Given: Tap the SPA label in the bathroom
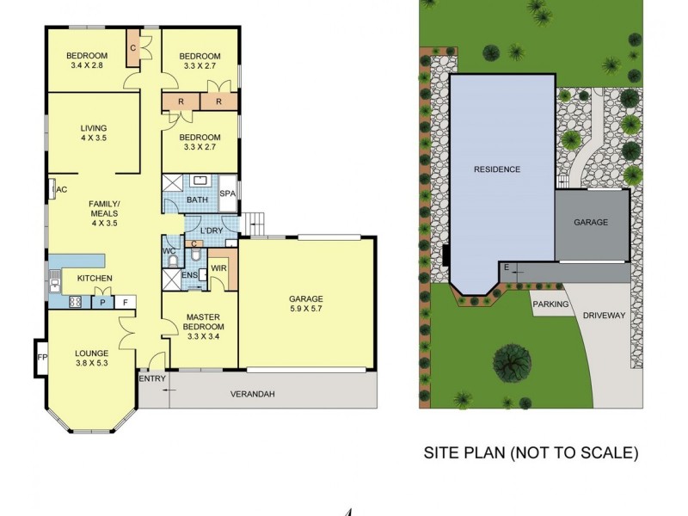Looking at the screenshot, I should [228, 194].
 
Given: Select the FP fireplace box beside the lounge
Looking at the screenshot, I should [40, 356].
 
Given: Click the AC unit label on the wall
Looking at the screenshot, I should [60, 190].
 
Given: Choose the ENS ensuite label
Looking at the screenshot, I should [190, 275].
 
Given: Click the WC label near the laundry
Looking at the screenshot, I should [169, 250].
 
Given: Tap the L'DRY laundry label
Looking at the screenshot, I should [211, 232].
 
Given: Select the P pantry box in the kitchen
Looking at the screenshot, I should [102, 302].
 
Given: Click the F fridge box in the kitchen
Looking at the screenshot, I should [125, 302].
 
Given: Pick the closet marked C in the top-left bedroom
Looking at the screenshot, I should [133, 48].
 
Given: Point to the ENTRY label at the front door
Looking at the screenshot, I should [150, 378].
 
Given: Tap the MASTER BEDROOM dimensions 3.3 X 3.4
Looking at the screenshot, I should [205, 336].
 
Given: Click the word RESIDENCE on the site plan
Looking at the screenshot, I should [497, 169].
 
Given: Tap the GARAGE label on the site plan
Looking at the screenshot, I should [591, 222].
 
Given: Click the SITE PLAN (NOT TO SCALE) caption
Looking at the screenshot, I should [528, 451].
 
